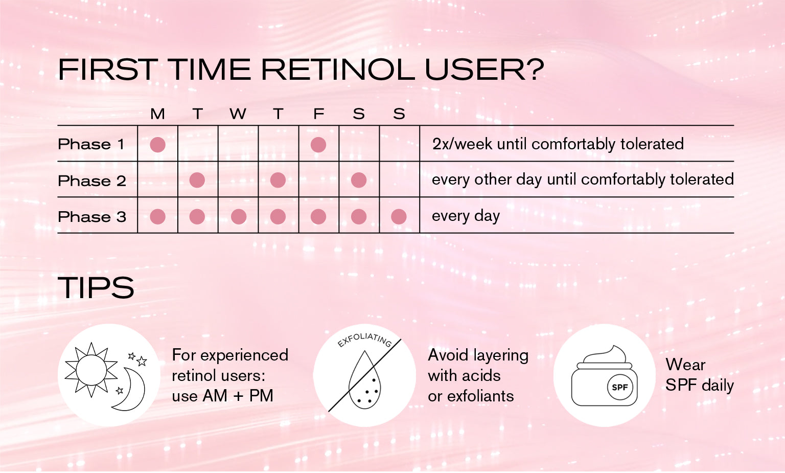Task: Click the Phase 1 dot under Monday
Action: tap(158, 145)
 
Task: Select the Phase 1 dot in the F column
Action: tap(318, 145)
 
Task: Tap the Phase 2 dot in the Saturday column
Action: tap(358, 180)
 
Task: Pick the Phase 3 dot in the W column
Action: tap(239, 217)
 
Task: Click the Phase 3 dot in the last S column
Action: tap(399, 217)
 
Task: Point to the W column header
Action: tap(238, 114)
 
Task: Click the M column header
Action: tap(157, 114)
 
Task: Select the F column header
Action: tap(318, 114)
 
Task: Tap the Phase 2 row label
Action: tap(92, 181)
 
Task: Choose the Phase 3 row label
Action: tap(92, 217)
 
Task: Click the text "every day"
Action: tap(466, 216)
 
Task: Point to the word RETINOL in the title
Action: tap(338, 70)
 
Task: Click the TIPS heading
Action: tap(96, 287)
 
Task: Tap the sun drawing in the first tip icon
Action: tap(91, 370)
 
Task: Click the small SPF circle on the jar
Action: tap(619, 388)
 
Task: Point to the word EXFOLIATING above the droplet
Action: tap(364, 340)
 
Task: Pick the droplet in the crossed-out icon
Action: tap(365, 379)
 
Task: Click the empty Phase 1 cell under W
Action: tap(238, 144)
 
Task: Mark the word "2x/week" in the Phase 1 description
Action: tap(463, 144)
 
